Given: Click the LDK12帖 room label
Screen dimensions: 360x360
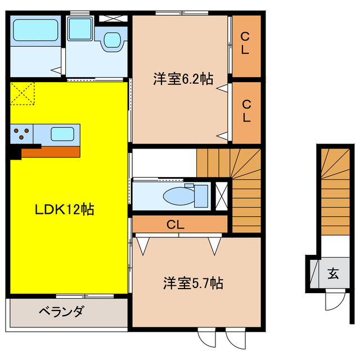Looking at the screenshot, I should (x=65, y=210).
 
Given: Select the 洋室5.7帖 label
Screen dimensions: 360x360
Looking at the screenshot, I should (x=193, y=283).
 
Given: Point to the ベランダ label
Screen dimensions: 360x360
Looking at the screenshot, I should (x=62, y=310).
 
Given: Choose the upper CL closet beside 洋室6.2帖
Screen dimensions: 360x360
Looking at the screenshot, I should (x=245, y=43).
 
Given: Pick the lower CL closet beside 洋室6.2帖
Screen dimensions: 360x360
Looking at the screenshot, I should (x=246, y=111).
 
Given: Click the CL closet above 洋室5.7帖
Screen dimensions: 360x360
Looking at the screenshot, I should (x=175, y=224).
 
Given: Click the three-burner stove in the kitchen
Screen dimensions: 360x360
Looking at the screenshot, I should (x=22, y=134).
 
